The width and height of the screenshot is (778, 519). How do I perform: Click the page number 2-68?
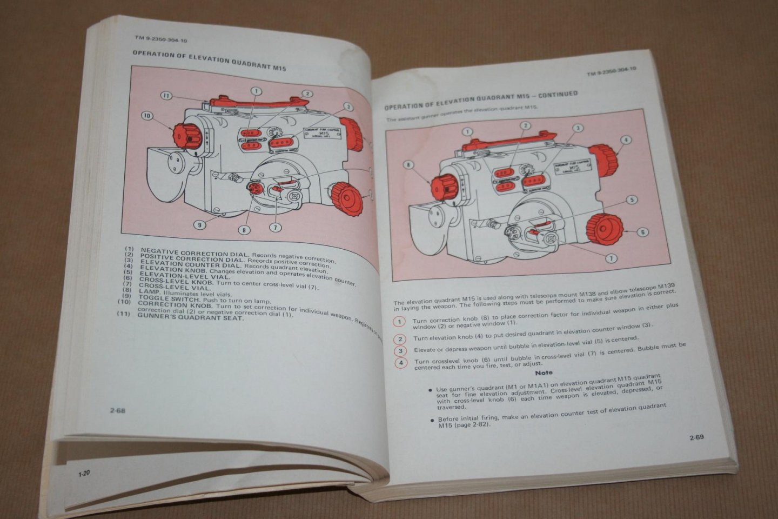pyautogui.click(x=117, y=410)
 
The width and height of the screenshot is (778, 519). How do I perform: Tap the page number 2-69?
pyautogui.click(x=696, y=438)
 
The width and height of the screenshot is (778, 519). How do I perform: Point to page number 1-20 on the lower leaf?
pyautogui.click(x=84, y=474)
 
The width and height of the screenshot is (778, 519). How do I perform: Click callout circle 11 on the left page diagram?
pyautogui.click(x=167, y=96)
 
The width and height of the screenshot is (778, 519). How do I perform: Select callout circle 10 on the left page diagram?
pyautogui.click(x=147, y=115)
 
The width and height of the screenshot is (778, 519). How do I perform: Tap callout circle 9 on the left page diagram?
pyautogui.click(x=199, y=225)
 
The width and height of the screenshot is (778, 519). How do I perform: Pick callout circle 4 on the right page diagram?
pyautogui.click(x=625, y=139)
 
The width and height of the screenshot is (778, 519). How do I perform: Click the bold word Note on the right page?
pyautogui.click(x=544, y=372)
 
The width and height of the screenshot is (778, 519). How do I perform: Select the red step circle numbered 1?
pyautogui.click(x=399, y=322)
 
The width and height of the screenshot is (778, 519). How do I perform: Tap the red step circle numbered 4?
pyautogui.click(x=400, y=362)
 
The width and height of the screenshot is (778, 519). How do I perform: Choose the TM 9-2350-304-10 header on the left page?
pyautogui.click(x=161, y=39)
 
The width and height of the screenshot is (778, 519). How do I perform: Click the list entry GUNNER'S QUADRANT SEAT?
pyautogui.click(x=190, y=317)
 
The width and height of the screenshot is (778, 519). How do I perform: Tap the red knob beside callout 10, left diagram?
pyautogui.click(x=187, y=135)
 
